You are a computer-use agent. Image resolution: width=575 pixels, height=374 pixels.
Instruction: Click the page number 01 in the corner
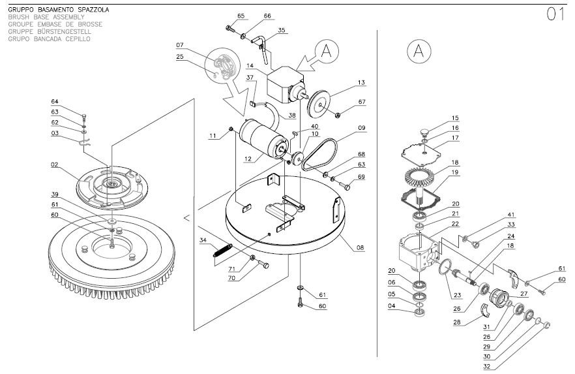pyautogui.click(x=555, y=14)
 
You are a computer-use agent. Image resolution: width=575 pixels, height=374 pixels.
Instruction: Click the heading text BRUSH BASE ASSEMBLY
pyautogui.click(x=46, y=17)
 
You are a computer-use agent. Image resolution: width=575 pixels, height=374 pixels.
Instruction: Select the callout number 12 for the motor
pyautogui.click(x=248, y=159)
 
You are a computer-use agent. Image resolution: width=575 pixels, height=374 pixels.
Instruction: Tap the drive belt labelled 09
pyautogui.click(x=319, y=155)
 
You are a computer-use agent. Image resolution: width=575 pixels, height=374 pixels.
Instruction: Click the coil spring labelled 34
pyautogui.click(x=222, y=250)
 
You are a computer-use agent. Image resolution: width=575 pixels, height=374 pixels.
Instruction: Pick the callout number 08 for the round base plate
pyautogui.click(x=360, y=247)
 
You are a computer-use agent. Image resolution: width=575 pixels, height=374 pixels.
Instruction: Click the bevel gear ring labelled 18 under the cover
pyautogui.click(x=420, y=176)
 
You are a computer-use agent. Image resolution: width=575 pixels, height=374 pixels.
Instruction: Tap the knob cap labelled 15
pyautogui.click(x=424, y=132)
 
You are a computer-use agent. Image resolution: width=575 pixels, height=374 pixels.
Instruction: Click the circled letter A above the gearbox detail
pyautogui.click(x=419, y=51)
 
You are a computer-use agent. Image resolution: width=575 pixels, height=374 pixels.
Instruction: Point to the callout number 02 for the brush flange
pyautogui.click(x=55, y=164)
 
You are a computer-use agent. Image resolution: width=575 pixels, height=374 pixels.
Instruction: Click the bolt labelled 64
pyautogui.click(x=84, y=119)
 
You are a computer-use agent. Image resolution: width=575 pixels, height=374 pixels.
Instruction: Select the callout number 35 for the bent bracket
pyautogui.click(x=281, y=30)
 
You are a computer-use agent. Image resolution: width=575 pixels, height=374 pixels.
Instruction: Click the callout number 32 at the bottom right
pyautogui.click(x=486, y=366)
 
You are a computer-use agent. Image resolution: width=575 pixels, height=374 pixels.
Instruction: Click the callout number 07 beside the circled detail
pyautogui.click(x=180, y=45)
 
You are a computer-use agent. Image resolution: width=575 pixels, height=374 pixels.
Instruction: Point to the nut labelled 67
pyautogui.click(x=338, y=116)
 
